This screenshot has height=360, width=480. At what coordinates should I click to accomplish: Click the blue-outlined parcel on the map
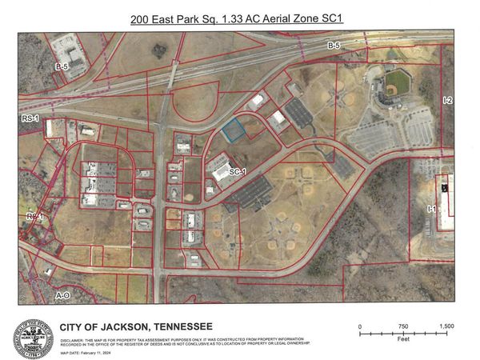click(234, 130)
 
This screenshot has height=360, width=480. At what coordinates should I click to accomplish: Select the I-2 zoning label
click(447, 101)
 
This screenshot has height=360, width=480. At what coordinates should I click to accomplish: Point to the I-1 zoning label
click(431, 209)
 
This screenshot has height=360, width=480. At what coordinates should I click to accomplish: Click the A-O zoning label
click(62, 295)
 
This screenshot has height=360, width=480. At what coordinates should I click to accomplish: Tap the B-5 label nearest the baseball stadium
click(334, 48)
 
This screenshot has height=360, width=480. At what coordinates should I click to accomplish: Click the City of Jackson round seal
click(34, 337)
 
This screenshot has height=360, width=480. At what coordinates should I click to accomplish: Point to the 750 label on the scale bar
click(404, 326)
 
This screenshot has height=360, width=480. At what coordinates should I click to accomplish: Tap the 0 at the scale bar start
click(361, 326)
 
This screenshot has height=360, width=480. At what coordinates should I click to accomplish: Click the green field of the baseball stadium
click(393, 82)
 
